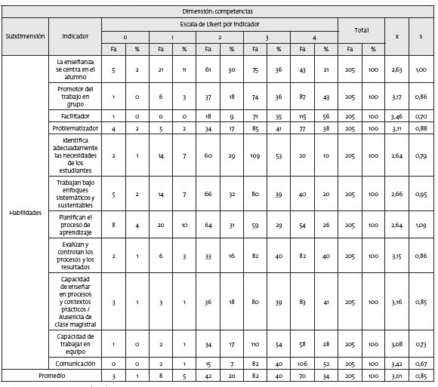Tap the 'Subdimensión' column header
pos(24,36)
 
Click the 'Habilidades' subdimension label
pos(24,213)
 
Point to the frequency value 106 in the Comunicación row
pos(302,363)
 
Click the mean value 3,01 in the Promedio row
pos(398,375)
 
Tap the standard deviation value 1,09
pos(422,225)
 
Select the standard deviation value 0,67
pos(422,363)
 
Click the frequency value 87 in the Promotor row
pos(302,97)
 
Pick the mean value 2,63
pos(398,70)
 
